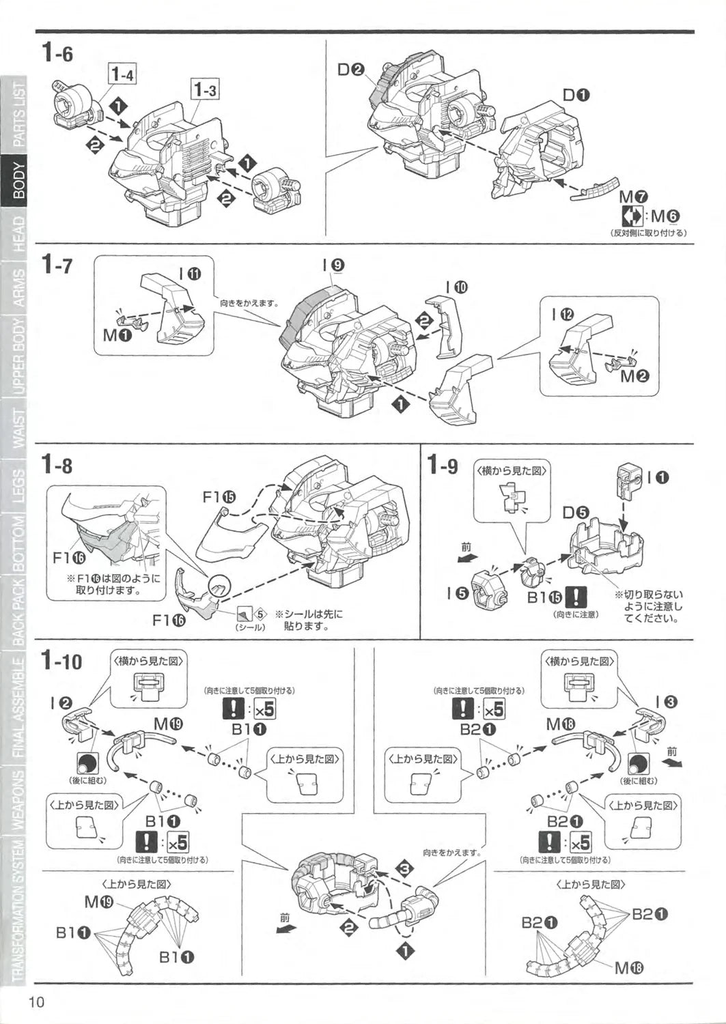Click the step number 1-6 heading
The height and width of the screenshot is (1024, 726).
click(57, 53)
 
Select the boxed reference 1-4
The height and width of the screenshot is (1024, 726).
click(122, 73)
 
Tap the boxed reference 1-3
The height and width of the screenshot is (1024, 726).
click(205, 89)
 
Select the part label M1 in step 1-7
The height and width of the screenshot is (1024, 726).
click(117, 336)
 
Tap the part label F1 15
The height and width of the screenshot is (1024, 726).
click(219, 497)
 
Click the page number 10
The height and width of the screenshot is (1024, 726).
click(36, 1002)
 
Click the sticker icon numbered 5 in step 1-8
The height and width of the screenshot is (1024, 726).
click(247, 612)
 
